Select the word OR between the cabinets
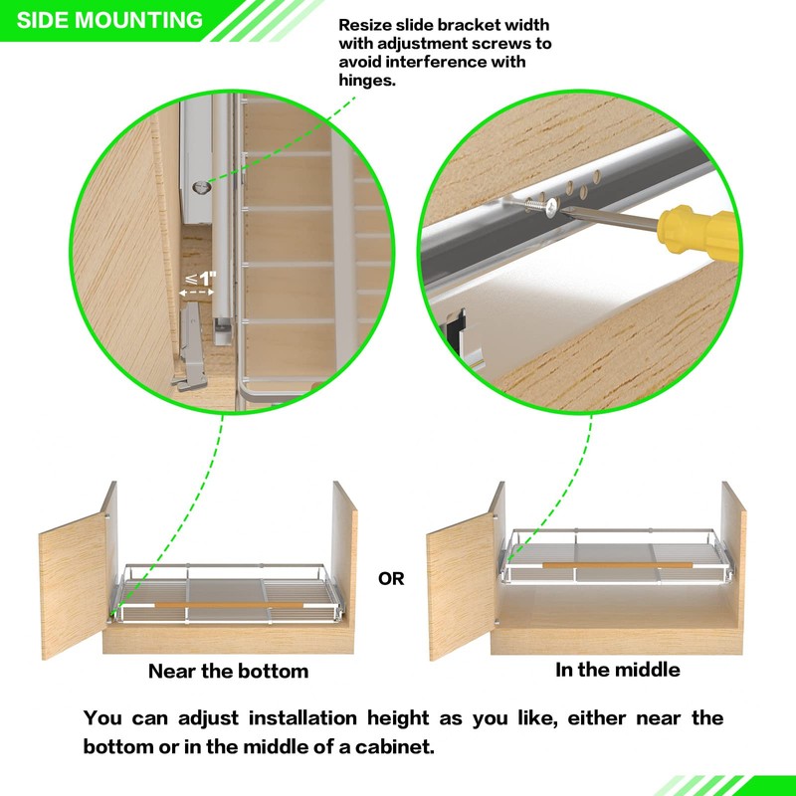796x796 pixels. click(391, 578)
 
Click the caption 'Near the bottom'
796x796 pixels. click(228, 671)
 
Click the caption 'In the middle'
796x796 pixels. click(617, 670)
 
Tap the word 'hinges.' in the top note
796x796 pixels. click(367, 82)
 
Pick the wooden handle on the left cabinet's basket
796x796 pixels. click(228, 604)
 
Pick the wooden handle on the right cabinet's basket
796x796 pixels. click(616, 564)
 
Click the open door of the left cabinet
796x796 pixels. click(75, 587)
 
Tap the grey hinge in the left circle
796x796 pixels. click(192, 343)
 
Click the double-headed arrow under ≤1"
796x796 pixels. click(197, 294)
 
